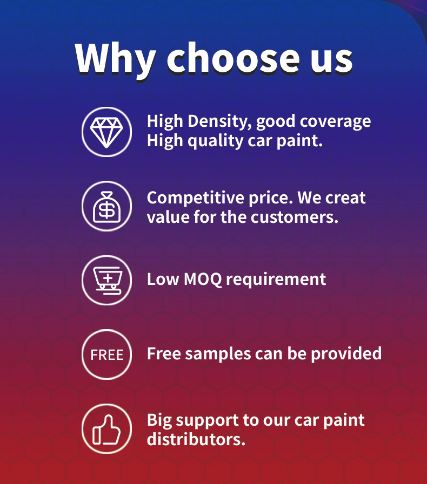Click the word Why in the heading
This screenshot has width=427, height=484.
point(115,58)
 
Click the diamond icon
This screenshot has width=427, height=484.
point(106,132)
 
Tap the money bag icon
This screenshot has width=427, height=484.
point(106,206)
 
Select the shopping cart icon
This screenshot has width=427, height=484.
point(106,280)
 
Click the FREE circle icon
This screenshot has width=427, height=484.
point(106,355)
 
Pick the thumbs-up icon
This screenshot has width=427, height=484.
point(106,429)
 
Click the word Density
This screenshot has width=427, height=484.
point(219,121)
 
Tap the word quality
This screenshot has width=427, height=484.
point(215,141)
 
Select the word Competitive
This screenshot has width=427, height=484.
point(196,199)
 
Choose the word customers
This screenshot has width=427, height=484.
point(295,217)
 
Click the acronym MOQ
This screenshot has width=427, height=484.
point(203,280)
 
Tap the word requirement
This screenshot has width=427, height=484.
point(276,280)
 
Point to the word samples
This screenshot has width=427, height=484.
point(218,355)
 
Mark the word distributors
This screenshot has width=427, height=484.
point(196,439)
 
